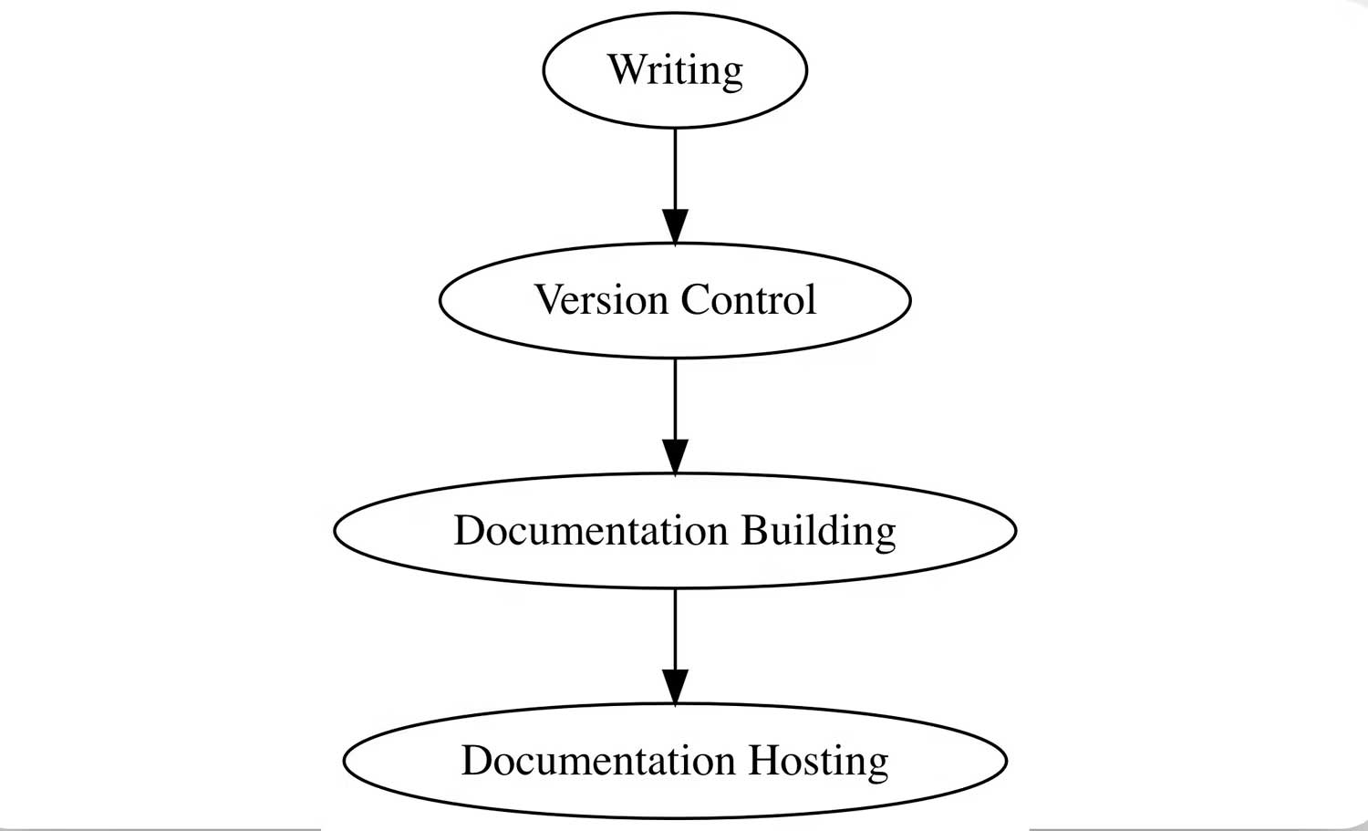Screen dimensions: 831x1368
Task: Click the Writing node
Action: pyautogui.click(x=675, y=70)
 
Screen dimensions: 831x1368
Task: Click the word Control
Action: pyautogui.click(x=748, y=300)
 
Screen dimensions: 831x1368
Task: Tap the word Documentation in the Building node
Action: pyautogui.click(x=590, y=531)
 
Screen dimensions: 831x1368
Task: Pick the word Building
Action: pyautogui.click(x=818, y=531)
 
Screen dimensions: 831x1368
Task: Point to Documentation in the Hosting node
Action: pyautogui.click(x=597, y=761)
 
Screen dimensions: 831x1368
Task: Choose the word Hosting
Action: pyautogui.click(x=818, y=761)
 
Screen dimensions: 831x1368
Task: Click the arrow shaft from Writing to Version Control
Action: pyautogui.click(x=675, y=169)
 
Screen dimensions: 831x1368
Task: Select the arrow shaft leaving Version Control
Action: pyautogui.click(x=675, y=399)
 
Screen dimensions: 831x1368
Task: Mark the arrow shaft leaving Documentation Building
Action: pyautogui.click(x=675, y=629)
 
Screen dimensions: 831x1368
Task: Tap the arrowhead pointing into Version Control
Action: pyautogui.click(x=675, y=226)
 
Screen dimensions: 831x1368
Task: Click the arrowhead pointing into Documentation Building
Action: pyautogui.click(x=675, y=456)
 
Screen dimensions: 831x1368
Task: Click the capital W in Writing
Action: pyautogui.click(x=626, y=69)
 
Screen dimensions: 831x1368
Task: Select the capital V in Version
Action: pyautogui.click(x=550, y=300)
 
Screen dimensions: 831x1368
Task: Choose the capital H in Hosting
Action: pyautogui.click(x=763, y=761)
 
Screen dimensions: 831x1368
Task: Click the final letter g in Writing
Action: pyautogui.click(x=731, y=75)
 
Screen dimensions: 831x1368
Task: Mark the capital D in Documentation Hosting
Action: pyautogui.click(x=475, y=761)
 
